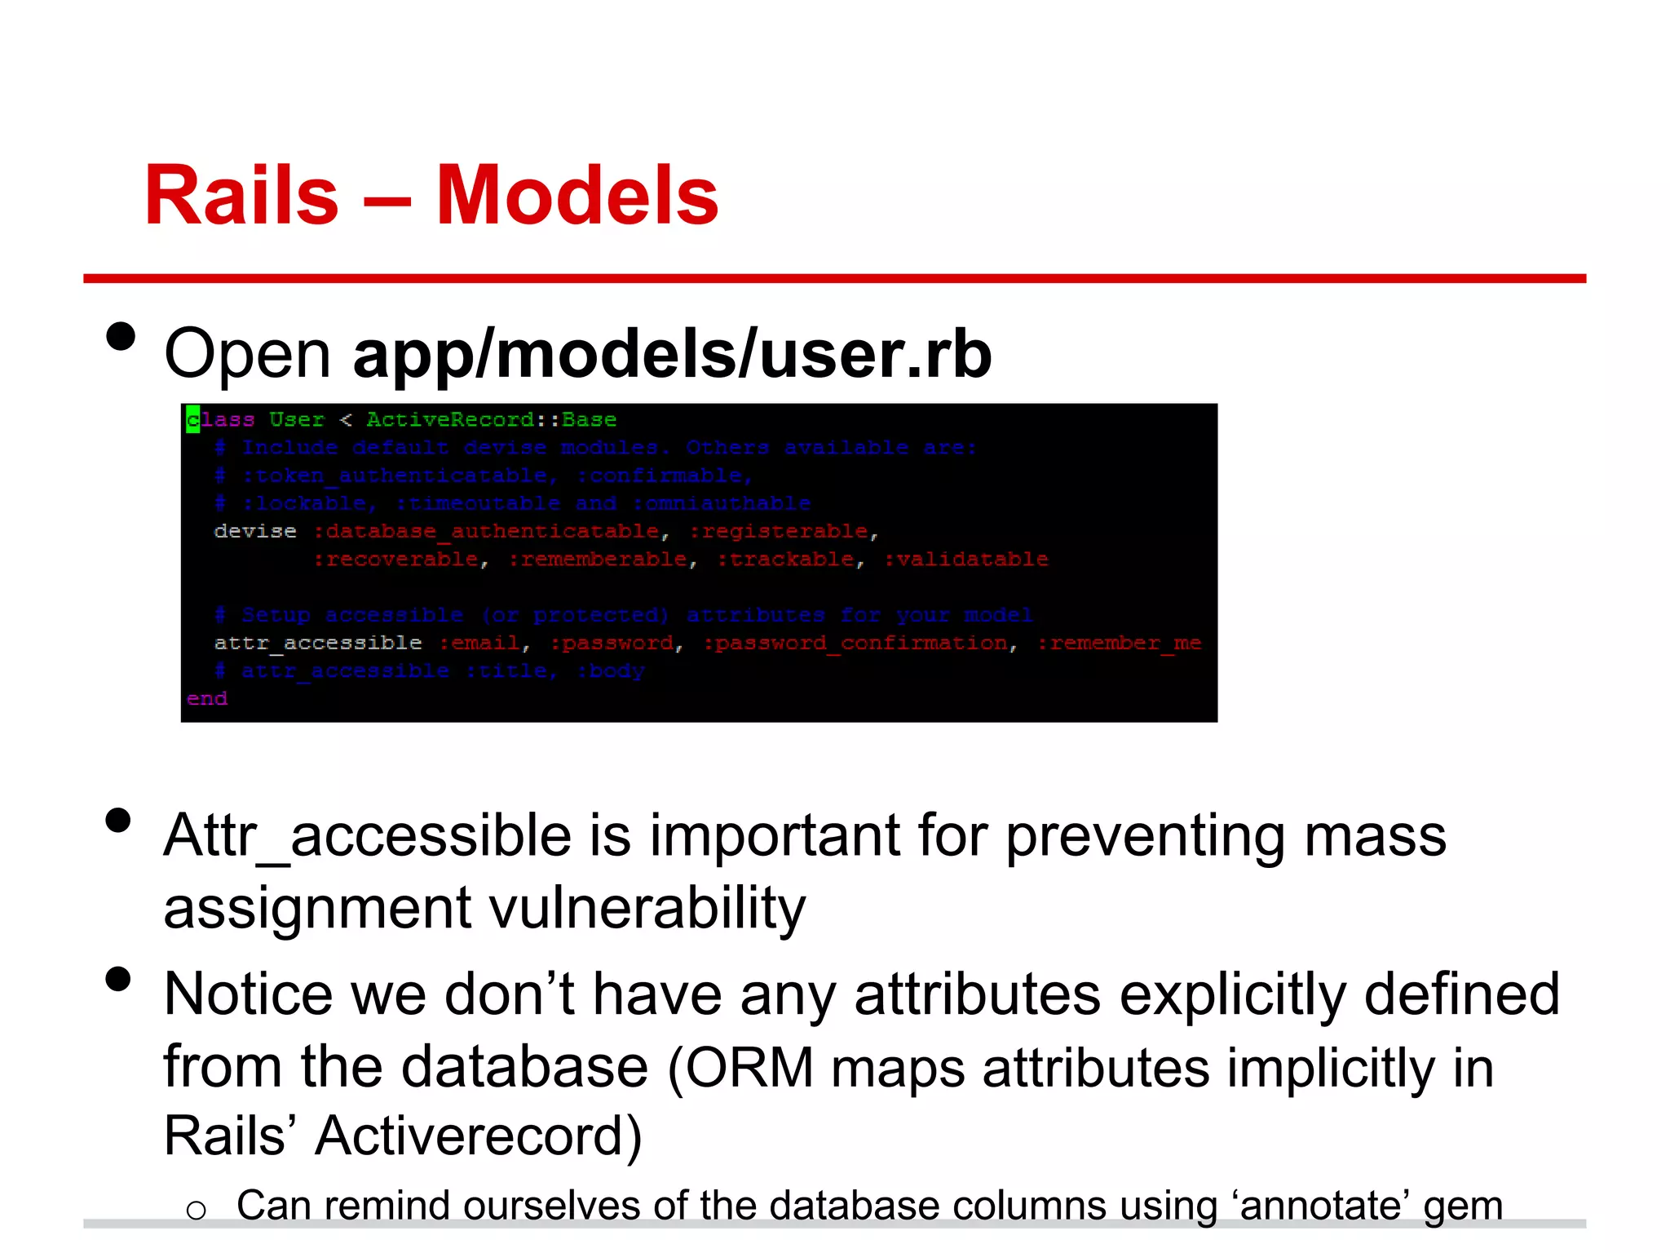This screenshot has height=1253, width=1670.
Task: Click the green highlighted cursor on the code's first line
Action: (x=192, y=419)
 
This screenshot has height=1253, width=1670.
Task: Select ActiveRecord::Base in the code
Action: (x=491, y=419)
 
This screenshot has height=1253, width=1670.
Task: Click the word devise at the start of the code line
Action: (x=255, y=531)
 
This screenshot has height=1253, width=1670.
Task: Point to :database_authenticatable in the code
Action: (x=486, y=531)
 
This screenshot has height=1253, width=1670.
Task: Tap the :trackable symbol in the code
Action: (x=785, y=560)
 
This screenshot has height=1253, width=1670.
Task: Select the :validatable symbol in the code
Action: (x=966, y=560)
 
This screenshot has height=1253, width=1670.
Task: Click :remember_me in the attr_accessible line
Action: (x=1119, y=643)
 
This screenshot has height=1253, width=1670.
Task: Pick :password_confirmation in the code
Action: (x=855, y=643)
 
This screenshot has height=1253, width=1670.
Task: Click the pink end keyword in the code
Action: (x=207, y=699)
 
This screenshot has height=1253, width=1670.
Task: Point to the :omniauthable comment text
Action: (x=722, y=503)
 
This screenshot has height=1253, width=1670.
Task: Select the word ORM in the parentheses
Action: (x=749, y=1067)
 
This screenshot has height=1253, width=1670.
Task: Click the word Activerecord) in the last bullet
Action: (x=479, y=1136)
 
